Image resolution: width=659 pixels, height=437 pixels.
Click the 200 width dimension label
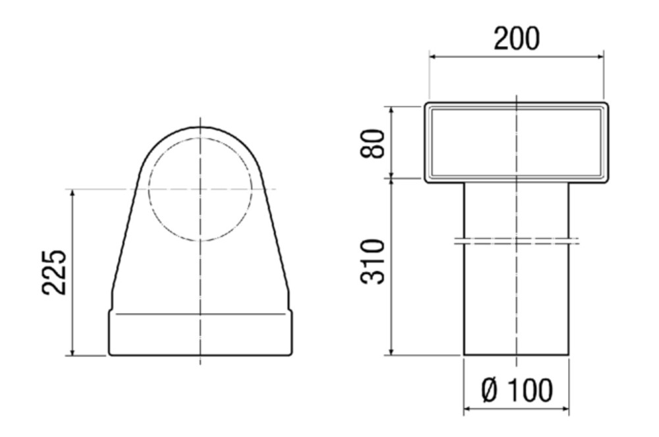click(x=516, y=38)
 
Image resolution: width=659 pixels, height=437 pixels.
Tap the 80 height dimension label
click(x=372, y=144)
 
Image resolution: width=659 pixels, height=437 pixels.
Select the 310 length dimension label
click(x=372, y=262)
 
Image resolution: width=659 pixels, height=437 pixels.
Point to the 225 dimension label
click(x=54, y=272)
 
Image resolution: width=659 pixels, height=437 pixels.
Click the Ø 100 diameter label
click(x=517, y=390)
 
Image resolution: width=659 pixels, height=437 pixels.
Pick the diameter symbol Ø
click(x=490, y=390)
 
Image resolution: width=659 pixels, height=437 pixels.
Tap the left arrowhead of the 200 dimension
click(x=433, y=57)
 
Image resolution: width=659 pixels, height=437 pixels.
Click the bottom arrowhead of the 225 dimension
click(x=72, y=352)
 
